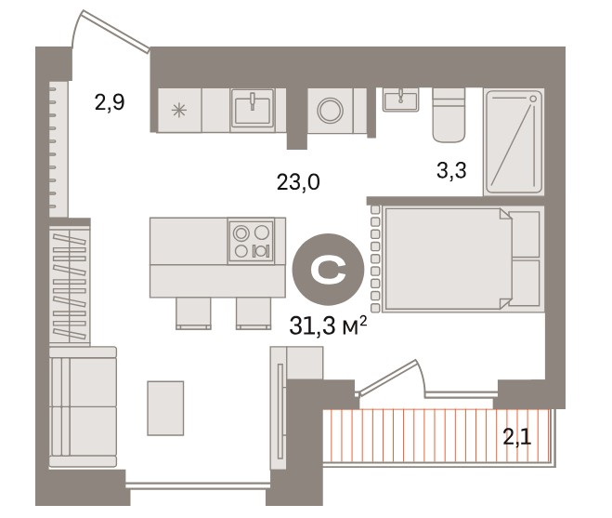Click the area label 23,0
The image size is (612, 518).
298,182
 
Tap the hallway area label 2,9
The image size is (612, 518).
110,102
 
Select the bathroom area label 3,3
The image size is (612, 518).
451,170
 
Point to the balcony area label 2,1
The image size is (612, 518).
517,437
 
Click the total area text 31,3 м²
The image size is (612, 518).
328,325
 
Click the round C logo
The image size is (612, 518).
328,270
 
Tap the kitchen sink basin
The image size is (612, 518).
253,110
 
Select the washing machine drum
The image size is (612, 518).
331,111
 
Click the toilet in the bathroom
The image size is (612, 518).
449,115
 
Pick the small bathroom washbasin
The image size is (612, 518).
401,100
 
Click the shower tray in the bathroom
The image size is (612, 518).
514,142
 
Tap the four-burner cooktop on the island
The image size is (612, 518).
252,241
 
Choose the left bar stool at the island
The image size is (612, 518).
193,313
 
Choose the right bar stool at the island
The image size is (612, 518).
254,313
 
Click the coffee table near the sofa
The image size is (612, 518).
165,408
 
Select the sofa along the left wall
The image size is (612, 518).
84,406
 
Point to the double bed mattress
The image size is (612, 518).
448,259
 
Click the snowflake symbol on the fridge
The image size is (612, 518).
178,110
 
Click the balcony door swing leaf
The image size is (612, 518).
387,376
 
